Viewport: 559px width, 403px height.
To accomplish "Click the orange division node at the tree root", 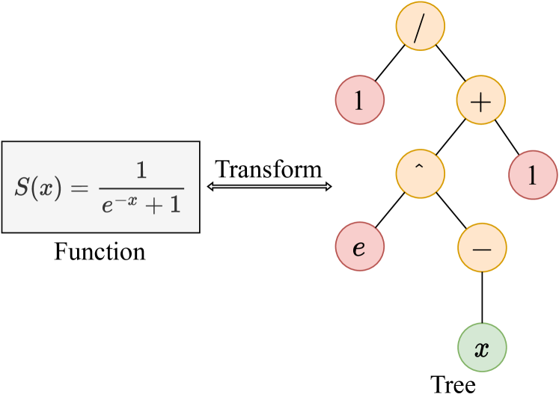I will click(x=420, y=26).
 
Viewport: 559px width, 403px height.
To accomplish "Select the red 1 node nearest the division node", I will click(x=359, y=100).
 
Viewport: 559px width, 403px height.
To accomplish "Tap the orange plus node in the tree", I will click(x=481, y=100).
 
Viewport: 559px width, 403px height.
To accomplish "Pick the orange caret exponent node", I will click(x=420, y=174).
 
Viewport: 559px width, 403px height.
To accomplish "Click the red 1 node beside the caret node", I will click(x=533, y=175).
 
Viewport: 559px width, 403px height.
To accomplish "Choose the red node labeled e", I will click(x=359, y=247).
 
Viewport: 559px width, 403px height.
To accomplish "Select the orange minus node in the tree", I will click(x=482, y=247).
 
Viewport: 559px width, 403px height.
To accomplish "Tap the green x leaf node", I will click(x=482, y=348).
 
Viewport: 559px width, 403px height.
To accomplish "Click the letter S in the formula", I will click(x=22, y=188).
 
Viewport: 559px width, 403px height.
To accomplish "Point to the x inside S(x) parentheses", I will click(x=47, y=188).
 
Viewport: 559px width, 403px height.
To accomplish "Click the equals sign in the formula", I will click(x=79, y=188).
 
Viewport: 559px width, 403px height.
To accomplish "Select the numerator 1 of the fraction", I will click(x=141, y=173).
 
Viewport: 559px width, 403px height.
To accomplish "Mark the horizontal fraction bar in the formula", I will click(x=141, y=188).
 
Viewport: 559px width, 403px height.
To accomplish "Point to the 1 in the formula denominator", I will click(x=174, y=205).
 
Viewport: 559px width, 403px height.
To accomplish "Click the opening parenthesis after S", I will click(x=34, y=188).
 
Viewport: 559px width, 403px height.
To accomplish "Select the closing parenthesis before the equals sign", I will click(x=60, y=188).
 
